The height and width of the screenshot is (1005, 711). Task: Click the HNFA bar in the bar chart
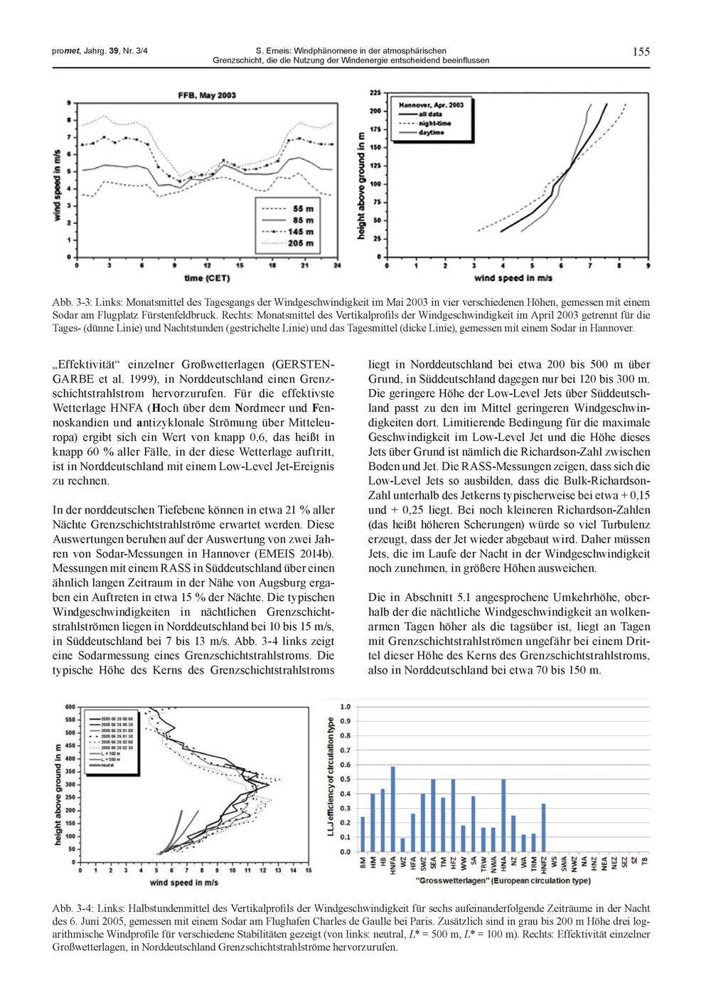pos(393,809)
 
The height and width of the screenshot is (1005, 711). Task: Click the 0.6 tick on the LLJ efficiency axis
pos(345,765)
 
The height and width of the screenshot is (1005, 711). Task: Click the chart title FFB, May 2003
pos(207,95)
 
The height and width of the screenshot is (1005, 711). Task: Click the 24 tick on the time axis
pos(337,265)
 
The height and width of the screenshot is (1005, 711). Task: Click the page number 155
pos(641,51)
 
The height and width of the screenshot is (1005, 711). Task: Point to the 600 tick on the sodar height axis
pos(70,707)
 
